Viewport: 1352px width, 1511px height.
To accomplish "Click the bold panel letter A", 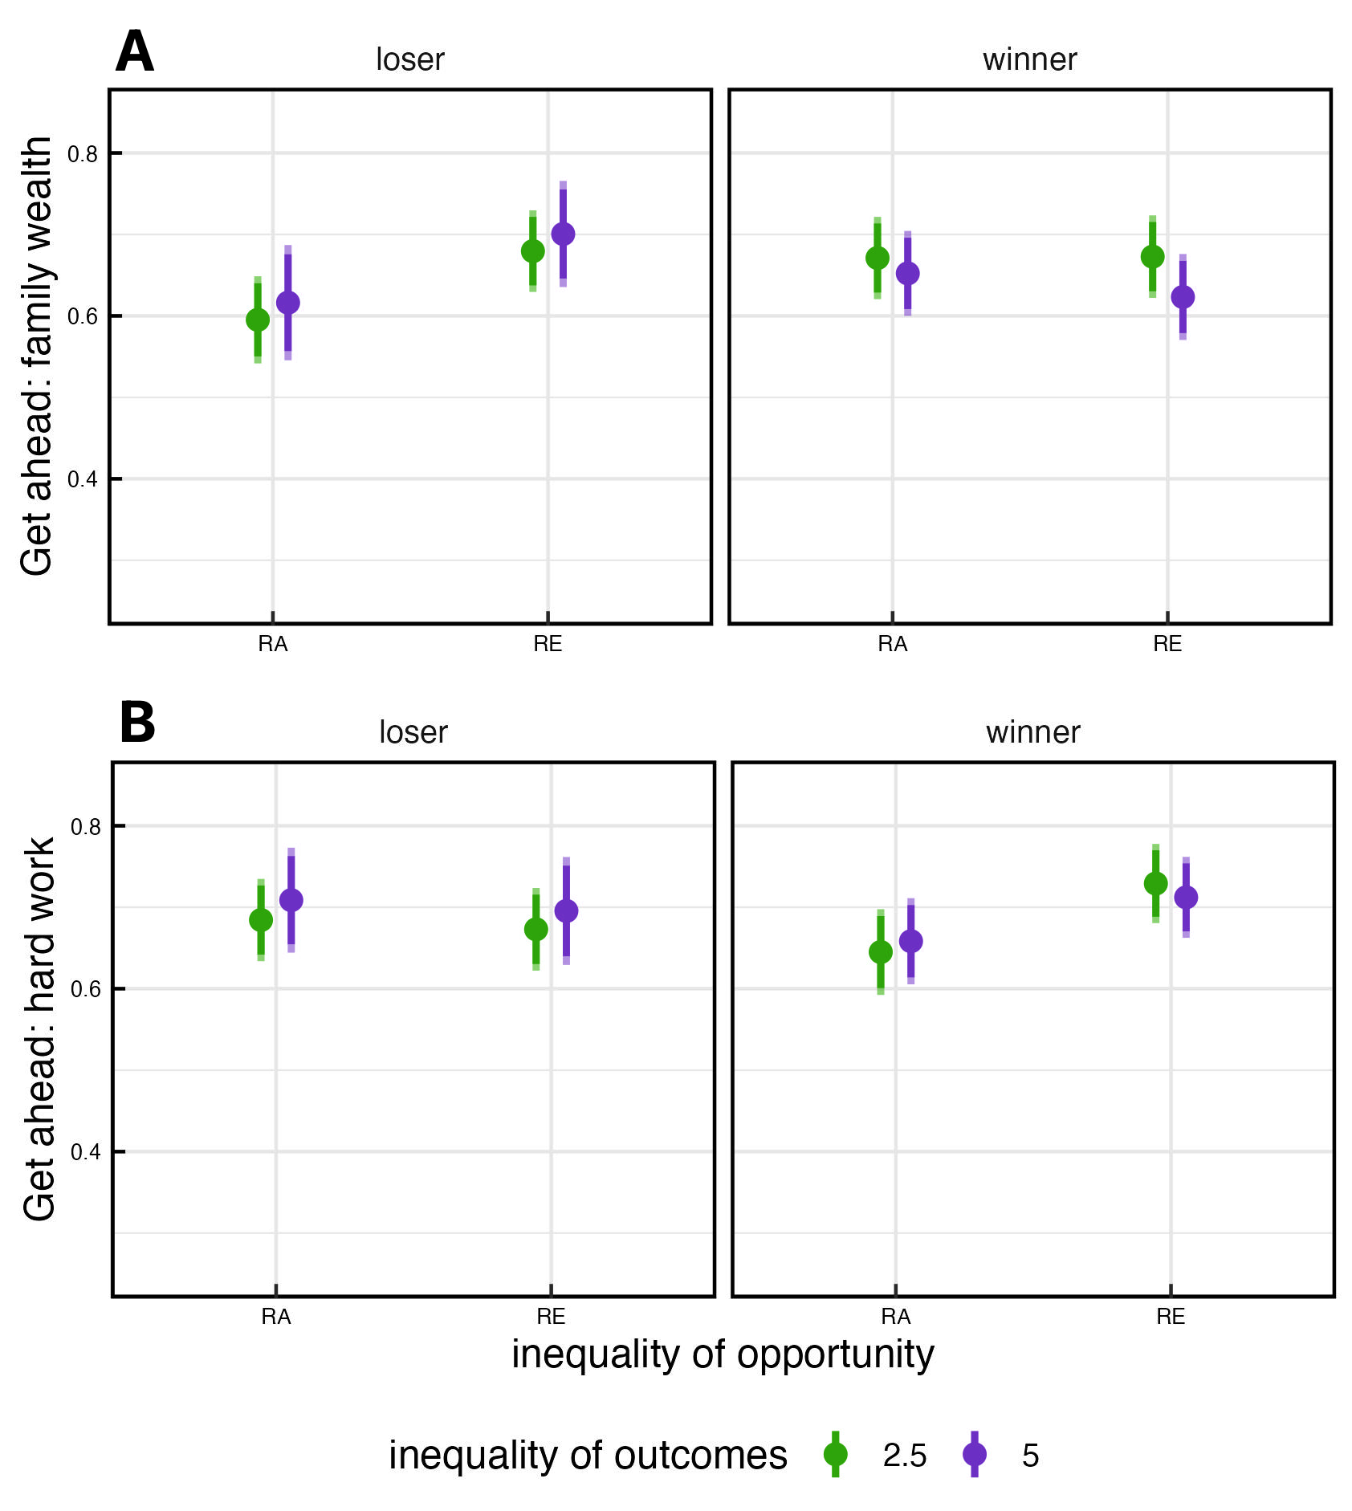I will click(x=134, y=53).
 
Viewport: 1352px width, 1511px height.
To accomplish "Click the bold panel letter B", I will click(x=137, y=723).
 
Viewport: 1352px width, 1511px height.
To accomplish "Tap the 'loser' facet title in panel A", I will click(x=409, y=59).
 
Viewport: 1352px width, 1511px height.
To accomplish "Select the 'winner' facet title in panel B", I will click(x=1032, y=732).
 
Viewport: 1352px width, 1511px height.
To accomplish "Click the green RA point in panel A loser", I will click(x=258, y=320).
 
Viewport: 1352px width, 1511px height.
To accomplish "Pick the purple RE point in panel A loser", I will click(x=563, y=234).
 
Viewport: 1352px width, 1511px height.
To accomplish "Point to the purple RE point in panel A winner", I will click(x=1183, y=297).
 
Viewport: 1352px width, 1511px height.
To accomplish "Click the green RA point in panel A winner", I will click(x=878, y=258).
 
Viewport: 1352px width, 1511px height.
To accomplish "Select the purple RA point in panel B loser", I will click(x=291, y=900).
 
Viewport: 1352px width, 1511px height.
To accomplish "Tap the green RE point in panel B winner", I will click(x=1155, y=883).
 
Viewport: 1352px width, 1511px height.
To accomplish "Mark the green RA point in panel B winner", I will click(x=881, y=952).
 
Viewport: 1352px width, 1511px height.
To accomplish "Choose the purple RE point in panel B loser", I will click(x=566, y=910).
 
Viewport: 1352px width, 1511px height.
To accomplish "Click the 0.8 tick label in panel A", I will click(x=83, y=154).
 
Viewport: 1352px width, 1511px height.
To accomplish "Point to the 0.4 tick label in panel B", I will click(x=86, y=1152).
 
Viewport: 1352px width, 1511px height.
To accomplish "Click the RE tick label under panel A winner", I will click(x=1167, y=644).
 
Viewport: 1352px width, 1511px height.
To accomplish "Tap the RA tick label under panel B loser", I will click(x=276, y=1317).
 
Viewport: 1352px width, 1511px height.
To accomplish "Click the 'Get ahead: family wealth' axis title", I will click(x=37, y=356).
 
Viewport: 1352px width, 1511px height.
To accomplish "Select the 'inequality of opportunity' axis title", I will click(x=723, y=1354).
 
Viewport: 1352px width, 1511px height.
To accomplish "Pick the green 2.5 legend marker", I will click(x=836, y=1454).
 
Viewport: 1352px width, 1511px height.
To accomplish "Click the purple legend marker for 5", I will click(x=975, y=1454).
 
